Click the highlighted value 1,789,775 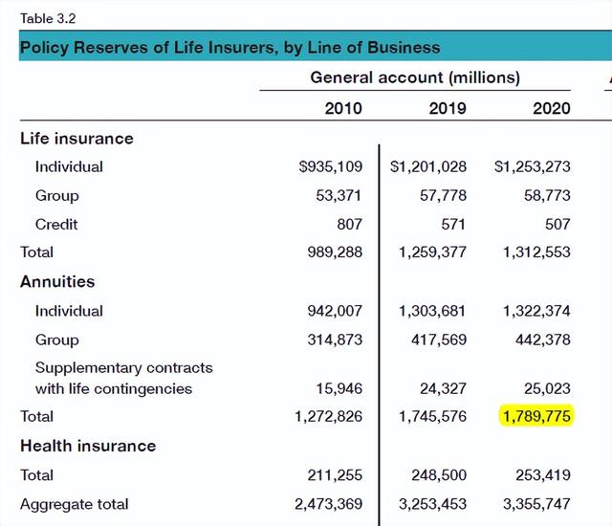click(x=535, y=417)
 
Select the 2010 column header click(x=343, y=108)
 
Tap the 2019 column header click(x=448, y=108)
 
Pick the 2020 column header click(x=551, y=108)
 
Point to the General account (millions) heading click(x=415, y=77)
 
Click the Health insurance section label click(x=88, y=446)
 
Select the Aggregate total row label click(x=75, y=504)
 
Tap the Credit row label click(x=56, y=224)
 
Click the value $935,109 click(x=331, y=166)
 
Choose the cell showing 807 click(x=348, y=224)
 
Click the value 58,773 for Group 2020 click(x=549, y=195)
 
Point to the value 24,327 click(x=446, y=389)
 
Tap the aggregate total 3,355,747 click(x=535, y=504)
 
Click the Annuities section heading click(x=57, y=282)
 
